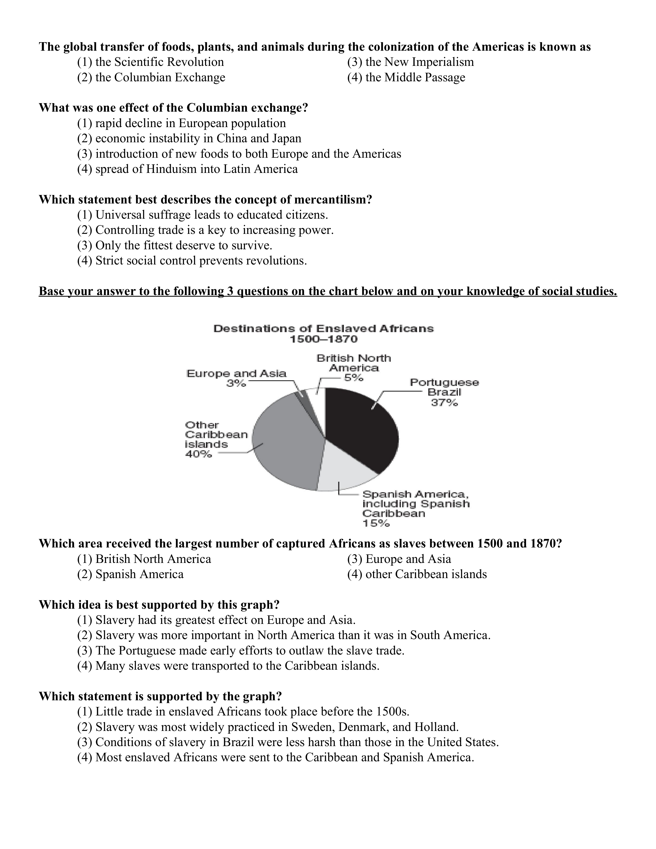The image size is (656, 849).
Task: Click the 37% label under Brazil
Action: click(444, 403)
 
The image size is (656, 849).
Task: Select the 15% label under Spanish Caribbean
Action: click(376, 523)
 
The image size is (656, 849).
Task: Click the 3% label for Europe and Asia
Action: click(236, 383)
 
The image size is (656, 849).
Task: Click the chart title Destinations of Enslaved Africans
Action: click(323, 329)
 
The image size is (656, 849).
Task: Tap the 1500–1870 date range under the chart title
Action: click(323, 339)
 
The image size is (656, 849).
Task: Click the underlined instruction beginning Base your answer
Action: click(327, 291)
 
